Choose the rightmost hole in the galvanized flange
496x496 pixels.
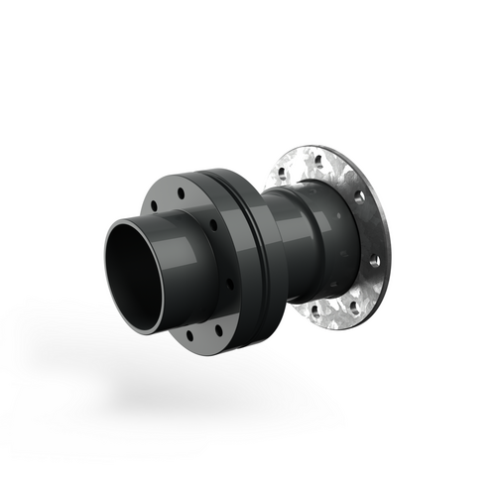pyautogui.click(x=375, y=262)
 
